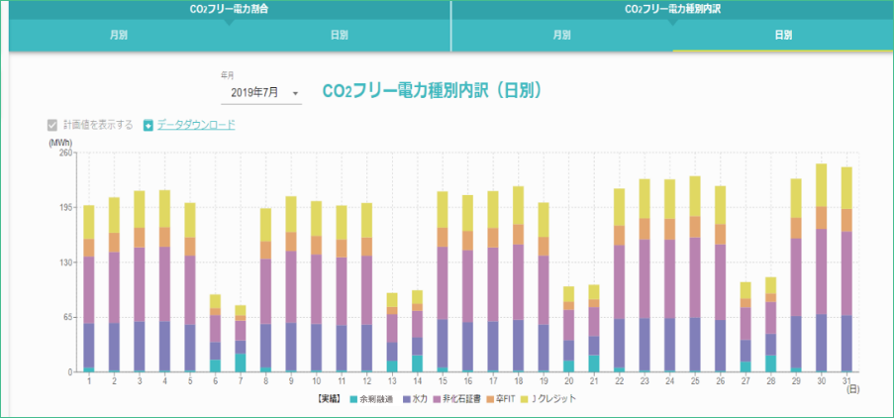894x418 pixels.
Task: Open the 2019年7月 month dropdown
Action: (261, 92)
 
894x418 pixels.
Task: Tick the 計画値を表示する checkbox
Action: (52, 125)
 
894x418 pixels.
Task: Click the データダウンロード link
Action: (196, 125)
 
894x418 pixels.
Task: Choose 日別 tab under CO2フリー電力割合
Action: (339, 35)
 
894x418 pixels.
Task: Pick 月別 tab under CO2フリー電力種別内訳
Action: (561, 35)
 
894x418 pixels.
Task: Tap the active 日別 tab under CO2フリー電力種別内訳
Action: (782, 35)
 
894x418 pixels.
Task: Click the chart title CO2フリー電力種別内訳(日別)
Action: (432, 90)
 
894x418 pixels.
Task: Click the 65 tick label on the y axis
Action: (67, 317)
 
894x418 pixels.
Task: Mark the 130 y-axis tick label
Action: (65, 262)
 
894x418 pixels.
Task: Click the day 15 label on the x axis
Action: (443, 381)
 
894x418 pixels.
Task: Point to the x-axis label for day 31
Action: (846, 381)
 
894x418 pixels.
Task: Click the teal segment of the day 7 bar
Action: (241, 363)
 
